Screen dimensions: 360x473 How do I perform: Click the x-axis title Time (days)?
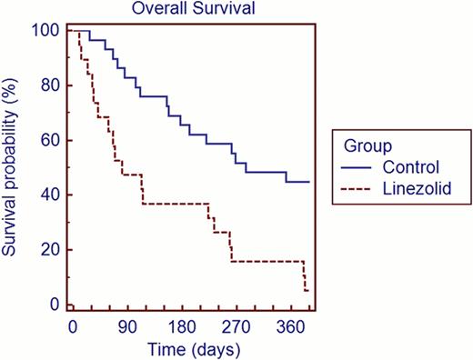pos(191,349)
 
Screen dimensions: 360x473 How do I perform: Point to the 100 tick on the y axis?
pos(49,31)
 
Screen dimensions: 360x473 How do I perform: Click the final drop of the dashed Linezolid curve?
pos(305,276)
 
